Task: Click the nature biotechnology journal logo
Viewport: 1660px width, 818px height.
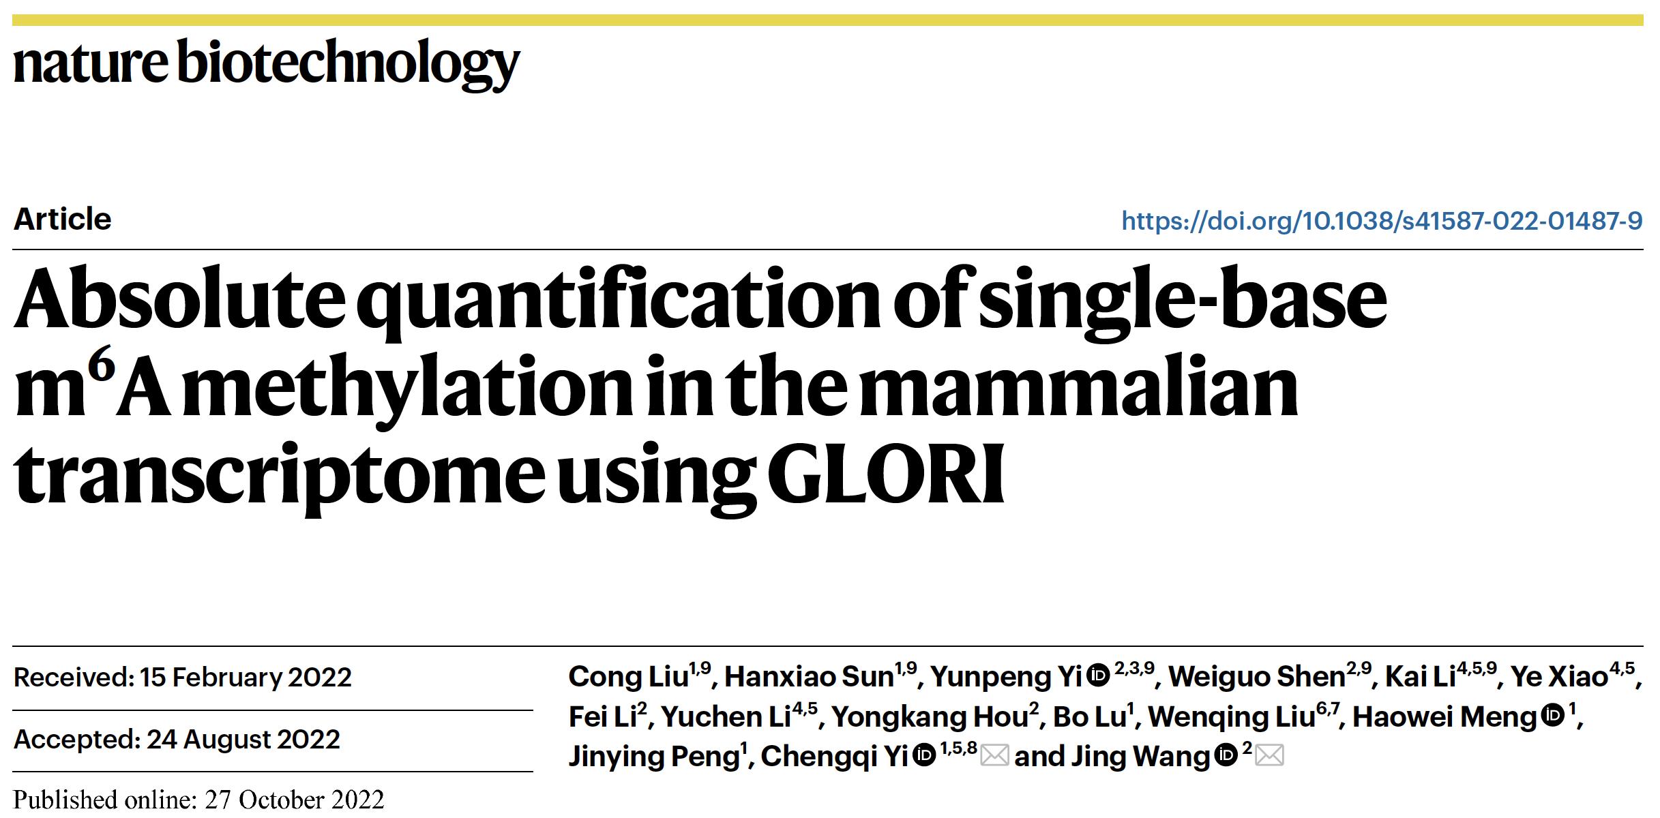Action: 266,63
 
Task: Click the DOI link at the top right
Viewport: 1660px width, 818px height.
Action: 1382,220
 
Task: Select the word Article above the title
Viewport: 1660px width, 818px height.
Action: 62,219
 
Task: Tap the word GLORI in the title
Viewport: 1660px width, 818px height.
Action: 889,473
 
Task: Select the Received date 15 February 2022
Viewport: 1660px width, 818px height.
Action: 246,677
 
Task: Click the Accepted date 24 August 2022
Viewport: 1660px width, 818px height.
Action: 243,739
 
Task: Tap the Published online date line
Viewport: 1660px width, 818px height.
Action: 198,799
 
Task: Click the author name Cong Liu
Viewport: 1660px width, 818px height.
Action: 628,676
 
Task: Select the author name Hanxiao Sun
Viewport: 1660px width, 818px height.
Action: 809,676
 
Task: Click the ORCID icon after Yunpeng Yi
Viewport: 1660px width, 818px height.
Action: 1099,676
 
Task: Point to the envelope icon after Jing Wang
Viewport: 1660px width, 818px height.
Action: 1269,755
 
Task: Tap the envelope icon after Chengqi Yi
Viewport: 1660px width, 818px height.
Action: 995,755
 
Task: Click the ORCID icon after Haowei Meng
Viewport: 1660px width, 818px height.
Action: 1553,716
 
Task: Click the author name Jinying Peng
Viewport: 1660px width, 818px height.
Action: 653,756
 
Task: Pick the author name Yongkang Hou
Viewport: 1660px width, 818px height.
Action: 930,716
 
